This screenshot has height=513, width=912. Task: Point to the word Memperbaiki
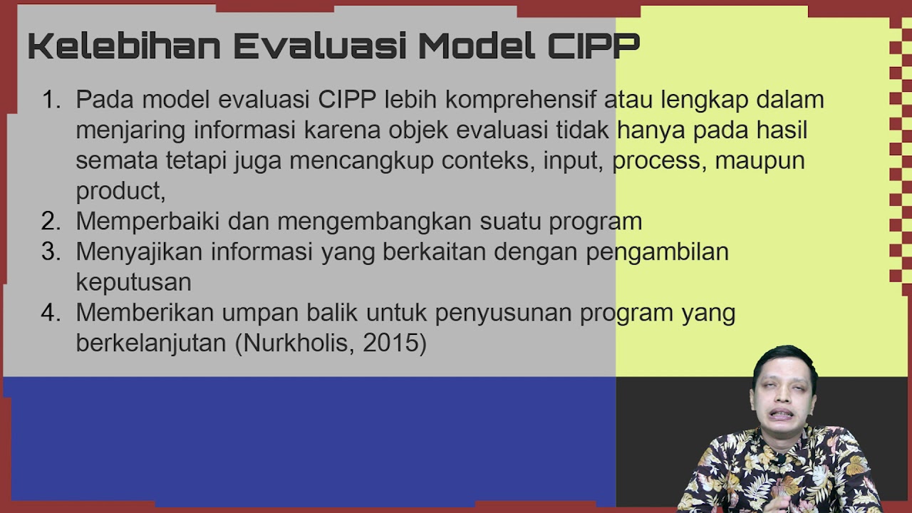(147, 222)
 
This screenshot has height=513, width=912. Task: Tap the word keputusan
(133, 283)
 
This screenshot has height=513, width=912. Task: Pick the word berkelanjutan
(150, 343)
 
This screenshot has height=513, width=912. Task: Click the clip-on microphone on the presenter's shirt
(779, 460)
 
